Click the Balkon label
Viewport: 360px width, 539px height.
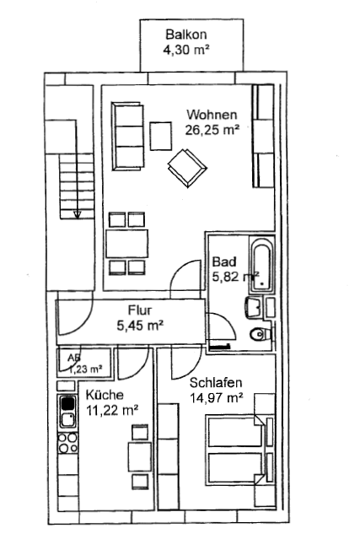(x=185, y=35)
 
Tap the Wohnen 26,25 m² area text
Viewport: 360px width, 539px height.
(x=212, y=122)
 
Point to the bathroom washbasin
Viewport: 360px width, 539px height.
(x=255, y=307)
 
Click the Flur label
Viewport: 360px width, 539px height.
(x=139, y=310)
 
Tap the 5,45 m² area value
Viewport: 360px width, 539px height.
(x=140, y=326)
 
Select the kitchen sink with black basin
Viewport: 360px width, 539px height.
(x=67, y=412)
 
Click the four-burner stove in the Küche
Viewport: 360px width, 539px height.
(x=67, y=443)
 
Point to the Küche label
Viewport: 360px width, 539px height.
(x=105, y=395)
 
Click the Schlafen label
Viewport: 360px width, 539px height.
(x=216, y=383)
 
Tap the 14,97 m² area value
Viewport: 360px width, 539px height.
(x=217, y=398)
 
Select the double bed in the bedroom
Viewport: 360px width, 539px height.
(x=236, y=450)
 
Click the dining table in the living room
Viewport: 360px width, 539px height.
(x=126, y=244)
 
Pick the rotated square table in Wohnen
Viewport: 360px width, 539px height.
(x=187, y=168)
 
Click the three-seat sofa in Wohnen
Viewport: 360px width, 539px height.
(x=127, y=136)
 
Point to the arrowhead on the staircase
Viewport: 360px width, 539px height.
(x=77, y=214)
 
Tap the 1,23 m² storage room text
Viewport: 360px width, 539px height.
(x=85, y=369)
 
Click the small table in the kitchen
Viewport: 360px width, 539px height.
(x=140, y=456)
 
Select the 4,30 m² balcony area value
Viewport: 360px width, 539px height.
(x=185, y=50)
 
